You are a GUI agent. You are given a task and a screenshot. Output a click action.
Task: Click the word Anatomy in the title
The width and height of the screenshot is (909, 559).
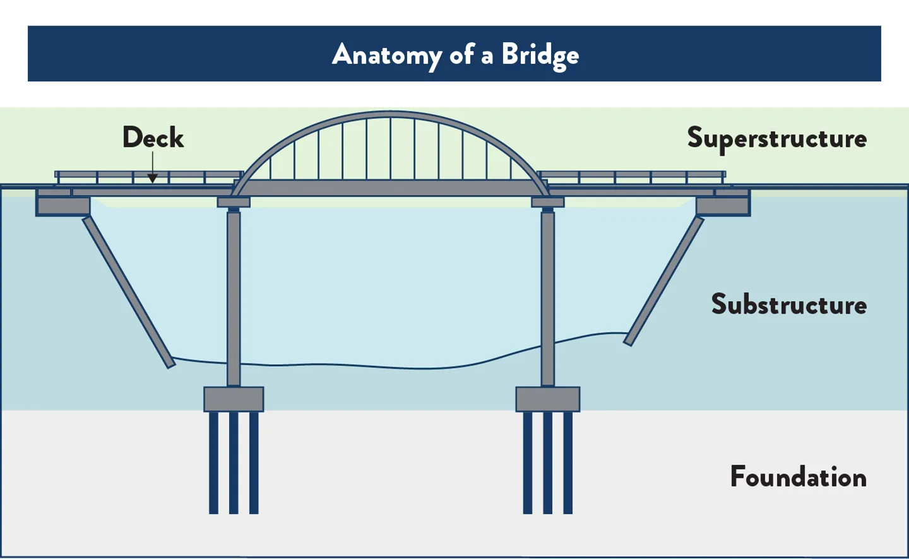(387, 55)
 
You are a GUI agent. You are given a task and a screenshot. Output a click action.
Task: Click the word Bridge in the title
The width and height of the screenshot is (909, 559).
(540, 55)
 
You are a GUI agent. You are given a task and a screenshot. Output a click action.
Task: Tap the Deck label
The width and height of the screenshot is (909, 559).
(153, 138)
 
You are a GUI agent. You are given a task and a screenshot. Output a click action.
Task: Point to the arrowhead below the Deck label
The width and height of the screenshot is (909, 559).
(153, 179)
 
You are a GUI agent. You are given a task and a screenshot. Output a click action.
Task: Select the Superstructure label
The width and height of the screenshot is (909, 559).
(776, 138)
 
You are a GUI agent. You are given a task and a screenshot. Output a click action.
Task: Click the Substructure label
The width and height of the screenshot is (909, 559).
(788, 304)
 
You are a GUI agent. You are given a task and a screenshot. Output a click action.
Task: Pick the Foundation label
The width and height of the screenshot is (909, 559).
(798, 476)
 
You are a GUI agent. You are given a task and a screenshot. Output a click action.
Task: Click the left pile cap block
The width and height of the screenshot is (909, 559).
(234, 399)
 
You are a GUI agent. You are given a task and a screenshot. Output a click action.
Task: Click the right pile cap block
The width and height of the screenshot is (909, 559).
(547, 399)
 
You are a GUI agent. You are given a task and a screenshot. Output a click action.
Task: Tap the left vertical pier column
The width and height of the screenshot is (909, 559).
(234, 297)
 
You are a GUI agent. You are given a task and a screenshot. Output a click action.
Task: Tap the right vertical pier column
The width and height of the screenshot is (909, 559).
(548, 297)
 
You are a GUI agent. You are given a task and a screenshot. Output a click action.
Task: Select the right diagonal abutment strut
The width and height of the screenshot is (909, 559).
(664, 281)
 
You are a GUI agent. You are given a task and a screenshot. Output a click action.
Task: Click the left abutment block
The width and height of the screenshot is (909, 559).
(63, 206)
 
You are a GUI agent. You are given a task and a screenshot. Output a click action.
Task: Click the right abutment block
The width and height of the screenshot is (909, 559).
(723, 206)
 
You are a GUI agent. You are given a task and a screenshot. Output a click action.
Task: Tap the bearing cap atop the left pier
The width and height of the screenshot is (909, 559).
(234, 202)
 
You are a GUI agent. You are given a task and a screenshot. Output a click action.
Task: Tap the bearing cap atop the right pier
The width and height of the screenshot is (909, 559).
(547, 202)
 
